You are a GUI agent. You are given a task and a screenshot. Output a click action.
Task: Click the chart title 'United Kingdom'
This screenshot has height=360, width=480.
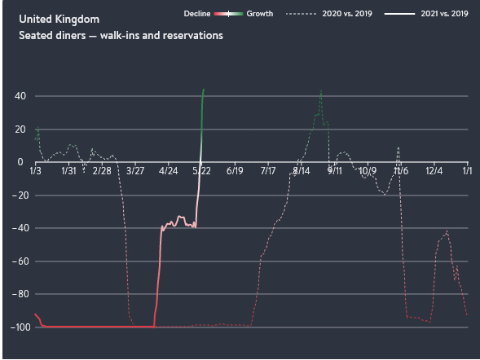pos(59,20)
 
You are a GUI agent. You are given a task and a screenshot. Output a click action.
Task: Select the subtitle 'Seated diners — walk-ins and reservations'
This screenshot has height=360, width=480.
pos(121,36)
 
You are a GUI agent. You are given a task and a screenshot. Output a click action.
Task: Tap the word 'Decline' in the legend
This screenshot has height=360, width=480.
pos(197,14)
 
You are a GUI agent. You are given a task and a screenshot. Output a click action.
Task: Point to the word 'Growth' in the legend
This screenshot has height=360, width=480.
pos(260,14)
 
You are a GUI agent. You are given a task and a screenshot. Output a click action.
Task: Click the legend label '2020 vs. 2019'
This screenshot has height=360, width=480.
pos(347,14)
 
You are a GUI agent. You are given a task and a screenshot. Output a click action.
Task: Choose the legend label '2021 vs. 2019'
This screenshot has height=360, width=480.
pos(444,14)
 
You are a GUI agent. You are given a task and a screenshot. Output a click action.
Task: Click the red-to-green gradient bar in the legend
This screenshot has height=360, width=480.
pos(228,14)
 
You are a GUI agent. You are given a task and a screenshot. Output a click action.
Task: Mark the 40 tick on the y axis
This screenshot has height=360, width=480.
pos(20,96)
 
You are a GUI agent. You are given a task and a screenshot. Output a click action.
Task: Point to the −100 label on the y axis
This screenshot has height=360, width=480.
pos(20,327)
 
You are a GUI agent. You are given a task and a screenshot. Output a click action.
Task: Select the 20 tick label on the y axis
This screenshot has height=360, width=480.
pos(20,130)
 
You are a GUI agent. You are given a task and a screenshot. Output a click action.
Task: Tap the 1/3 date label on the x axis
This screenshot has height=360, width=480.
pos(35,171)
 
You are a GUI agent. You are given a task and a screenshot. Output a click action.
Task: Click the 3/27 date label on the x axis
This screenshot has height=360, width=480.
pos(135,171)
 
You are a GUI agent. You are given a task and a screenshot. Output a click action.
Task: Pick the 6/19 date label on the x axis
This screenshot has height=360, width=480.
pos(235,171)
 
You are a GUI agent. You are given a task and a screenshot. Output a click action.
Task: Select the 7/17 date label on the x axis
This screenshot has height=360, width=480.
pos(268,171)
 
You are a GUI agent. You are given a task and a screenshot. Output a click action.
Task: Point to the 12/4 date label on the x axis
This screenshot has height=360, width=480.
pos(434,171)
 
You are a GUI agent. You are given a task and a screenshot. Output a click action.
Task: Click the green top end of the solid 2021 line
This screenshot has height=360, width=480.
pos(204,90)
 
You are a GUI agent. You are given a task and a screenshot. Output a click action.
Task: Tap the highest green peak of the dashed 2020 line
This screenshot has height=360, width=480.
pos(321,91)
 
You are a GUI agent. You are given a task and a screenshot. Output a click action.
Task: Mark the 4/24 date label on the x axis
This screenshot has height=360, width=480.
pos(169,171)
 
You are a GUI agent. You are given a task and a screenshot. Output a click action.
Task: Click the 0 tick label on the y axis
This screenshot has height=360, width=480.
pos(20,162)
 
